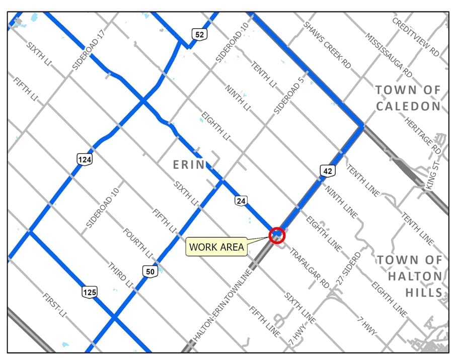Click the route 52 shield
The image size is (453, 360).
[199, 34]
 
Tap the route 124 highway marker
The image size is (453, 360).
[84, 159]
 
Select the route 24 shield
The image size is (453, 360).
[241, 201]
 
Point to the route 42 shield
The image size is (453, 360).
[327, 171]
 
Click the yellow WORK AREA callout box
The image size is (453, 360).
[216, 247]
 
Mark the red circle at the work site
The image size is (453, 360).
[277, 235]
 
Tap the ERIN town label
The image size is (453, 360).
[189, 164]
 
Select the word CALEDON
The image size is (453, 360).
[408, 106]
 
